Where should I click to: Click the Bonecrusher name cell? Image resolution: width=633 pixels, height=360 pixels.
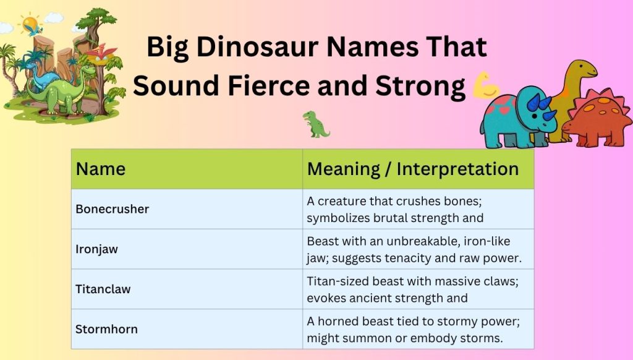[x=113, y=209]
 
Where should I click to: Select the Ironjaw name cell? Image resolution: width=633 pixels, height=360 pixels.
[x=97, y=249]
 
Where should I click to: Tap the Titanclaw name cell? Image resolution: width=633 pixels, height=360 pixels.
[x=103, y=289]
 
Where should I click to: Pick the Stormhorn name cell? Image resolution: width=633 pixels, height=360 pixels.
[x=106, y=329]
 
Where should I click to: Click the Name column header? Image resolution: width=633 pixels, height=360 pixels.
[x=101, y=169]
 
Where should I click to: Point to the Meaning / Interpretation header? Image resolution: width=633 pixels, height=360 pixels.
[x=412, y=169]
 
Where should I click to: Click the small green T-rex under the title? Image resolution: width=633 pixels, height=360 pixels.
[x=316, y=124]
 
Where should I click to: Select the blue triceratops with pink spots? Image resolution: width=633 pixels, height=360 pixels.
[x=516, y=119]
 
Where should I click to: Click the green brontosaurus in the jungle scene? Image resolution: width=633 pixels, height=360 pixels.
[x=59, y=93]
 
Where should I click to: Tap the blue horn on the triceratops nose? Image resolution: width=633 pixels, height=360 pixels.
[x=547, y=114]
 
